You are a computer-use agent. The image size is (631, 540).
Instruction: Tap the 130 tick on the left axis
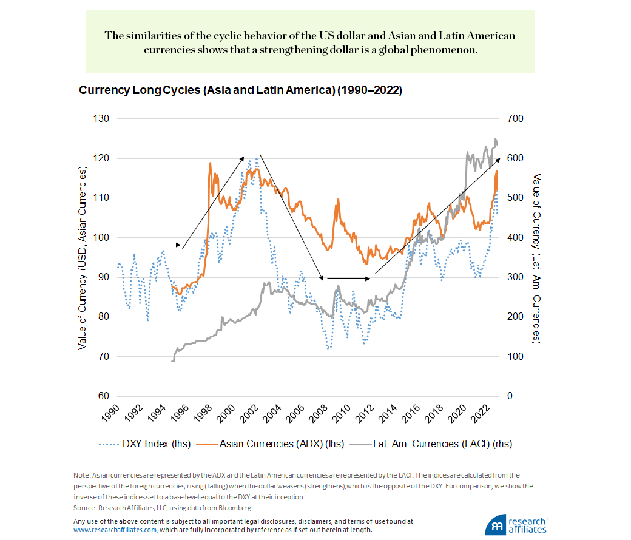tap(101, 119)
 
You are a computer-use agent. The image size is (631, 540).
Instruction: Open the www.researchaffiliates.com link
tap(115, 529)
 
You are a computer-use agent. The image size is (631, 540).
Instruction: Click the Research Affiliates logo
tap(516, 525)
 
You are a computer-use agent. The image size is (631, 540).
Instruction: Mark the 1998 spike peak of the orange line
tap(210, 163)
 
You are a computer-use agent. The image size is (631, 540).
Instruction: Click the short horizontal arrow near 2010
tap(347, 278)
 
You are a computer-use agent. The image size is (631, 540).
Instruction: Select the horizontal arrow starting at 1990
tap(147, 245)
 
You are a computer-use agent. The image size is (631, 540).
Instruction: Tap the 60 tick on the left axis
tap(103, 396)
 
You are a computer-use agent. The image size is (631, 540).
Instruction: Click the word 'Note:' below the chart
tap(82, 475)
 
